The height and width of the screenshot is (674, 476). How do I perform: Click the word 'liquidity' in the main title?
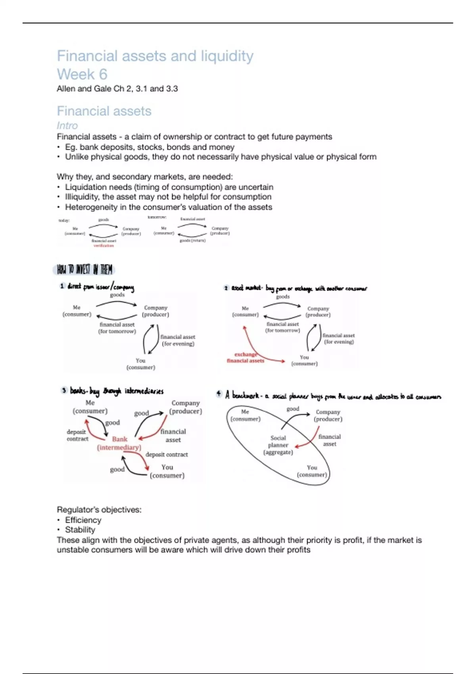coord(227,56)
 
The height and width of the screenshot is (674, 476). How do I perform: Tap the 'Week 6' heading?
coord(82,74)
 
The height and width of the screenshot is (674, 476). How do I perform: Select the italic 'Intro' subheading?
coord(67,126)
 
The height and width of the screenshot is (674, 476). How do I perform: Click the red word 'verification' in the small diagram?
coord(104,246)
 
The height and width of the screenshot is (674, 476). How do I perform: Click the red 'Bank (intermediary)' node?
coord(119,443)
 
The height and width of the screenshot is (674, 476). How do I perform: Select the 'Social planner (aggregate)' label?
coord(278,445)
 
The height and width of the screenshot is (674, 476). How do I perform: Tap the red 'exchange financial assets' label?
coord(246,358)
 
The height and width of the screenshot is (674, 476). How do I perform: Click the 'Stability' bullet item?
coord(80,530)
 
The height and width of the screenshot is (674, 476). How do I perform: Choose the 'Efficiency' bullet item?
coord(83,520)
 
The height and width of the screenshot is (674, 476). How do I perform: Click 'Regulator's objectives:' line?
coord(99,509)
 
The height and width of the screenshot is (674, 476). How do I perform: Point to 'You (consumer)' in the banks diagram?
coord(167,471)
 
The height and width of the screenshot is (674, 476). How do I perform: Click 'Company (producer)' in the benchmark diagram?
coord(328,416)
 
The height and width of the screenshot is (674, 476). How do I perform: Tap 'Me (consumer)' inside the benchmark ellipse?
coord(245,415)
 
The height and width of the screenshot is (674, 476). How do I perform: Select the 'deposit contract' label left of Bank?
coord(77,435)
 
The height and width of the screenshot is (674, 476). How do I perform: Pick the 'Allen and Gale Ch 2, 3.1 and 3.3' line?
coord(117,89)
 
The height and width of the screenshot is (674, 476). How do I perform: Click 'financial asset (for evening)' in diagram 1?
coord(178,340)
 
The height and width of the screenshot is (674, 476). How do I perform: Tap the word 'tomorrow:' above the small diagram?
coord(157,217)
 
